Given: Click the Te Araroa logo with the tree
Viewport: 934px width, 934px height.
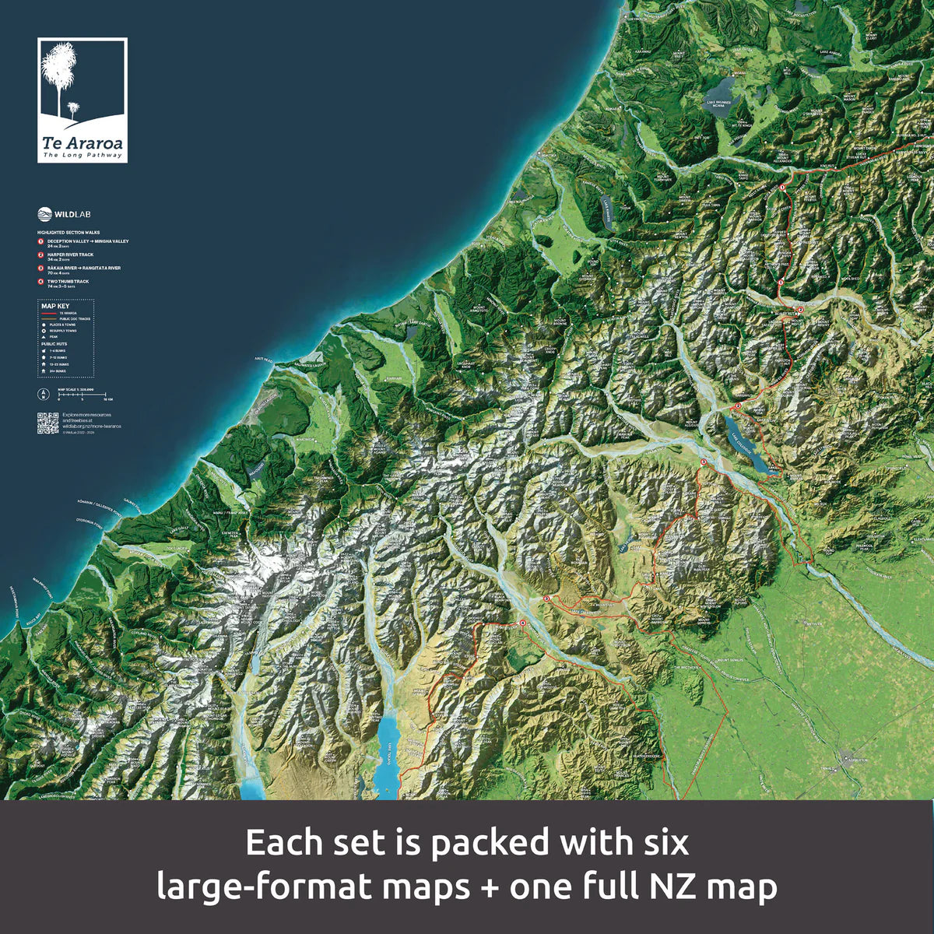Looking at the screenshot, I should click(x=83, y=100).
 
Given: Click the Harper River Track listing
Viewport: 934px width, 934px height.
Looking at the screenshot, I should click(x=70, y=255).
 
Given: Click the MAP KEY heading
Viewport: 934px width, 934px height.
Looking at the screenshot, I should click(x=50, y=306).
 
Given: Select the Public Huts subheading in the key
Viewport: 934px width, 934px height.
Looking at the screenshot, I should click(x=54, y=343).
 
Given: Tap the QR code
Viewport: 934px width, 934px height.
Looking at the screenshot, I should click(x=47, y=423).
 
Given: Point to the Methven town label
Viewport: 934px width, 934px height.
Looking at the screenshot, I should click(x=814, y=623).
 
